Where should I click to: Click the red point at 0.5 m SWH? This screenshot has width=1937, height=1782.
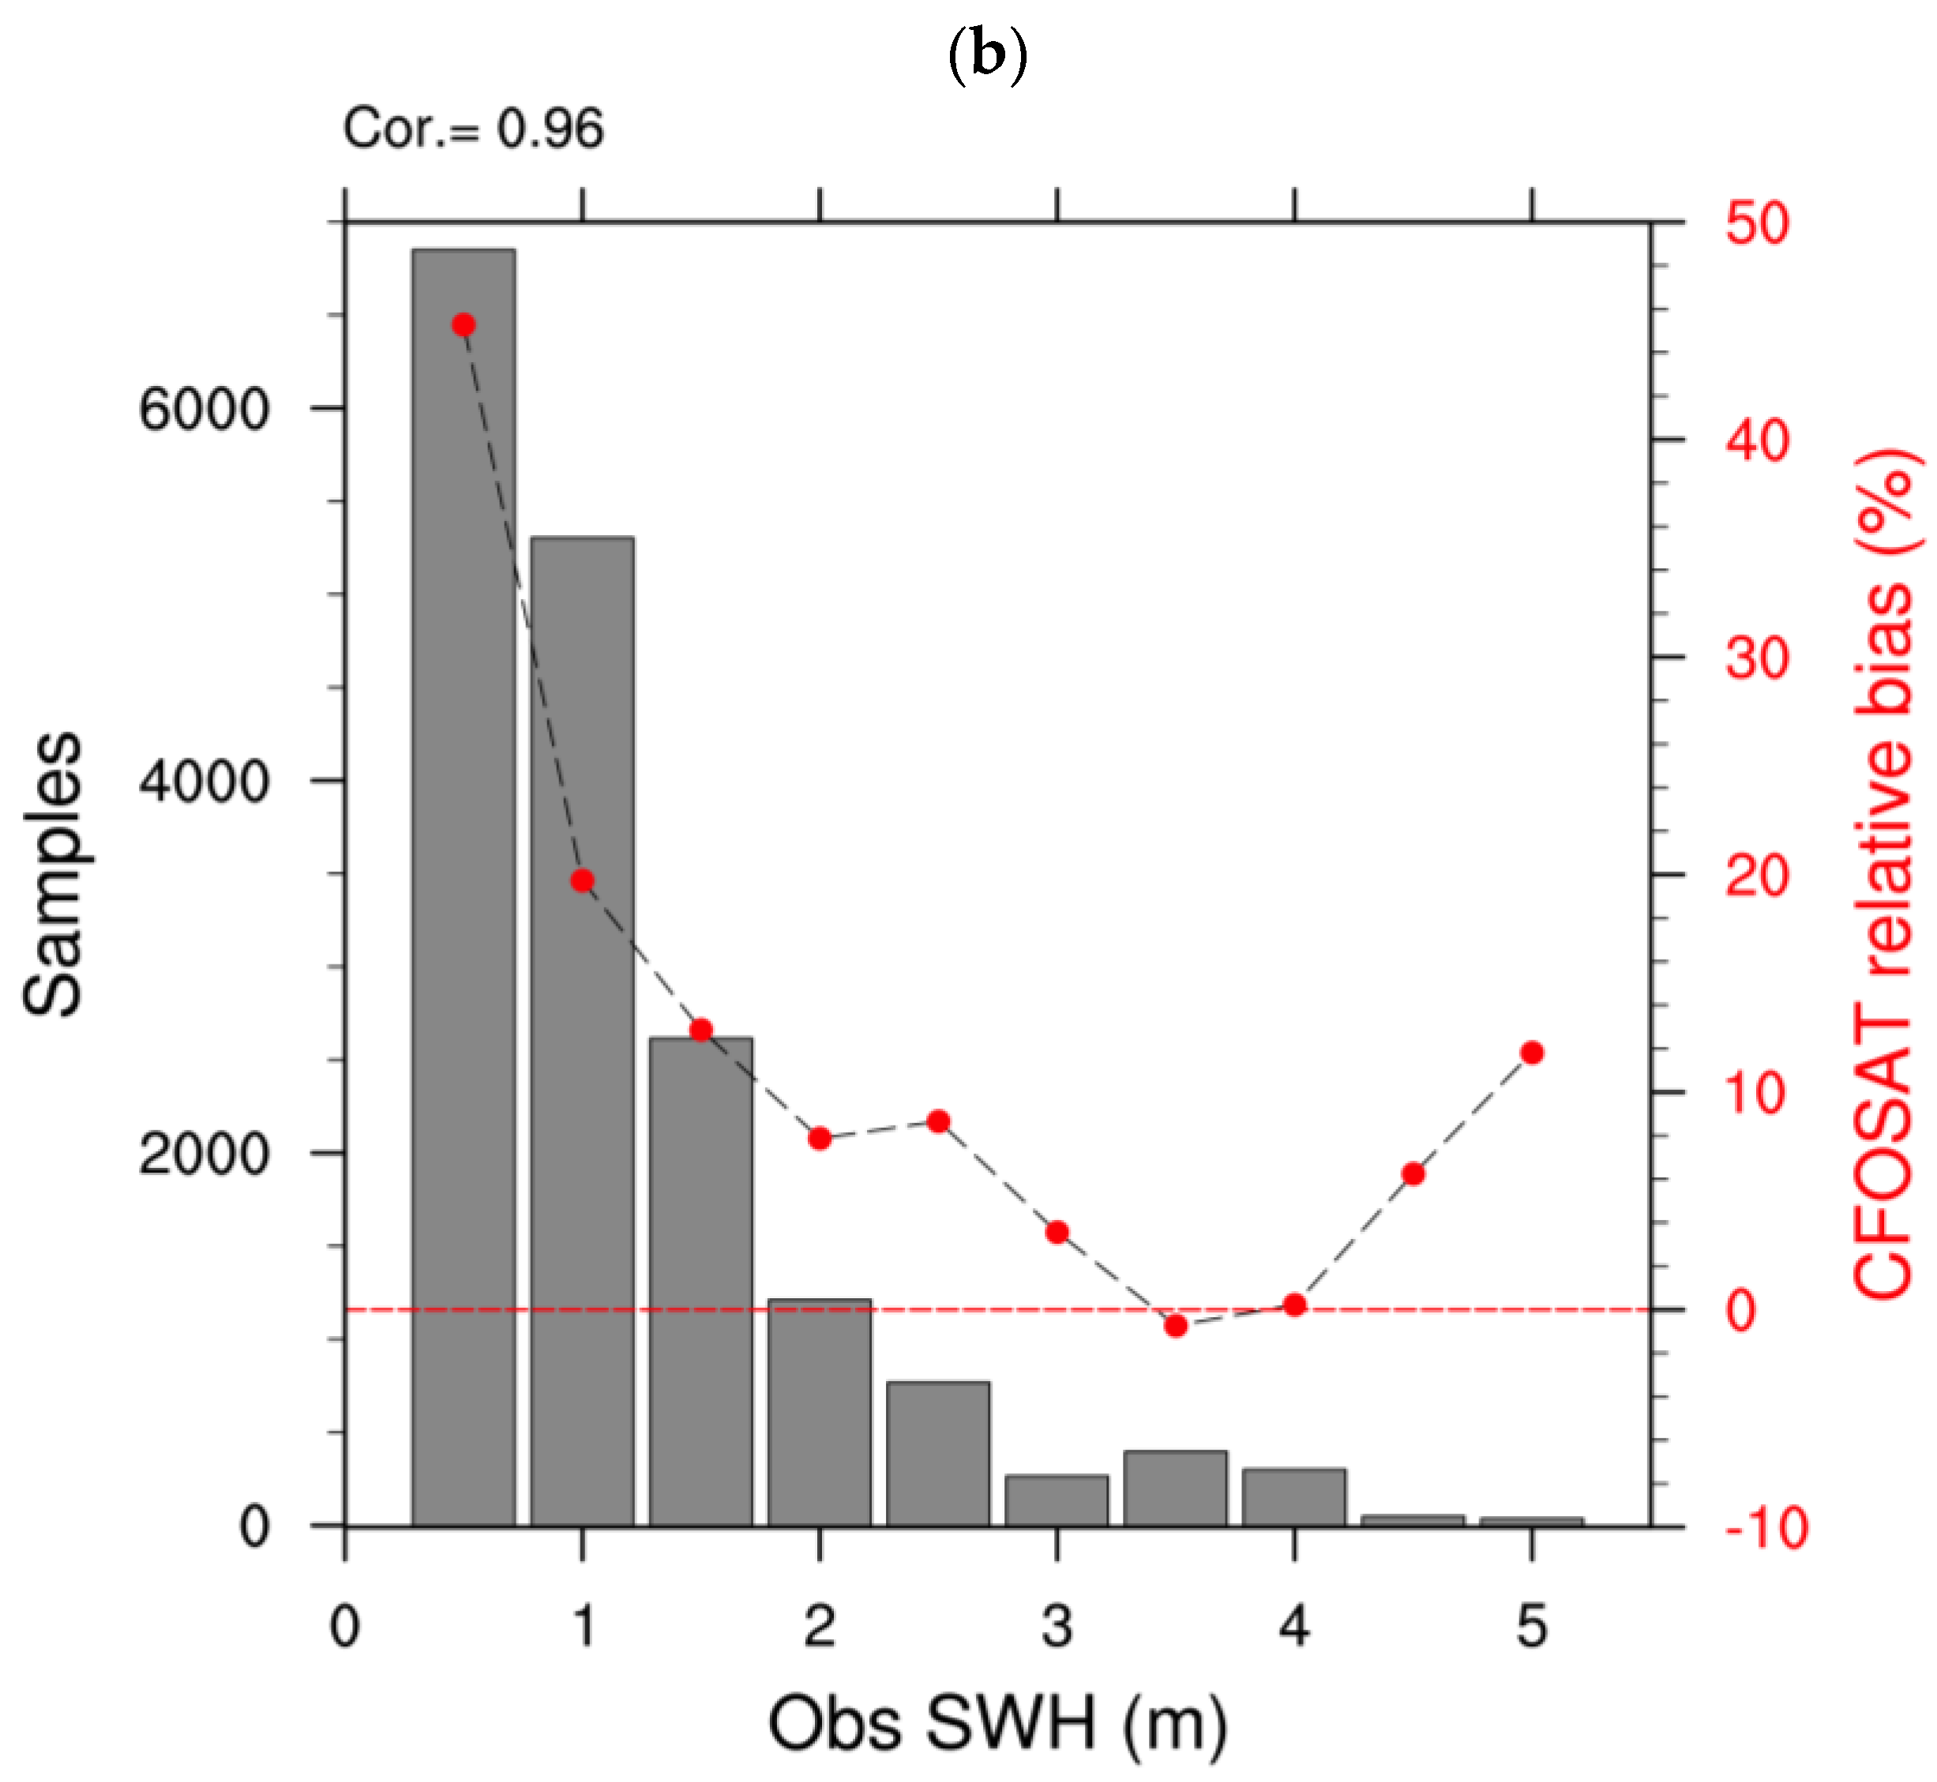coord(464,325)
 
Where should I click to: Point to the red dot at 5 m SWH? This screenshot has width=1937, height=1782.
coord(1532,1053)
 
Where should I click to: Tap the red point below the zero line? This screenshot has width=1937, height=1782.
coord(1176,1327)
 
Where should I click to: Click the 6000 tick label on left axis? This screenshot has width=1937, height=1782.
coord(203,410)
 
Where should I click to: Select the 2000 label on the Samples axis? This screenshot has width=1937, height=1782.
coord(203,1153)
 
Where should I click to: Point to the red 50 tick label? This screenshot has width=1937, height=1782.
coord(1757,223)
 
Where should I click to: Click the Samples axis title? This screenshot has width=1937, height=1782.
coord(53,874)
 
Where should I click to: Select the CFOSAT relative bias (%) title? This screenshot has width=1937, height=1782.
coord(1882,874)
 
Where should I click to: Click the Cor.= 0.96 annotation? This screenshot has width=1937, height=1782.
coord(474,129)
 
